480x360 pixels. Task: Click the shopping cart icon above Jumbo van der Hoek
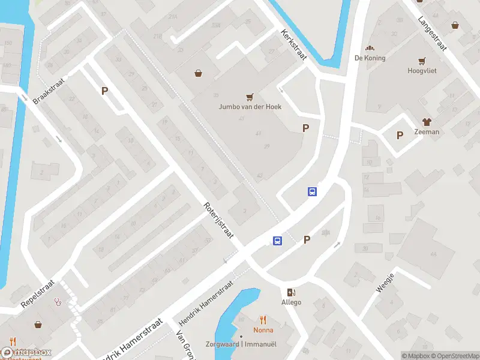tap(250, 97)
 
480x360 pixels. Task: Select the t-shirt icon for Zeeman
tap(427, 122)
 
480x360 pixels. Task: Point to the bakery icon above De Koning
tap(370, 48)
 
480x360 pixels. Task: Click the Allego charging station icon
tap(292, 292)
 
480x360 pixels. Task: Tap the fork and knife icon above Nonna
tap(263, 320)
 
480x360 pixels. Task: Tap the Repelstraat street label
tap(37, 292)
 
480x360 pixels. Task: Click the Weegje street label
tap(385, 282)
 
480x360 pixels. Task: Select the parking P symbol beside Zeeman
tap(400, 135)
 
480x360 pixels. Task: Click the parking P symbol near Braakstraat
tap(104, 91)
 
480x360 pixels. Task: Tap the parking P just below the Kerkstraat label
tap(306, 128)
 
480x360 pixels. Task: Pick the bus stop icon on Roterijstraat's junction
tap(277, 240)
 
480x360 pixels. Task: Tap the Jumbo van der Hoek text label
tap(250, 107)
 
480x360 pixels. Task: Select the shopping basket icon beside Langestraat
tap(455, 25)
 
